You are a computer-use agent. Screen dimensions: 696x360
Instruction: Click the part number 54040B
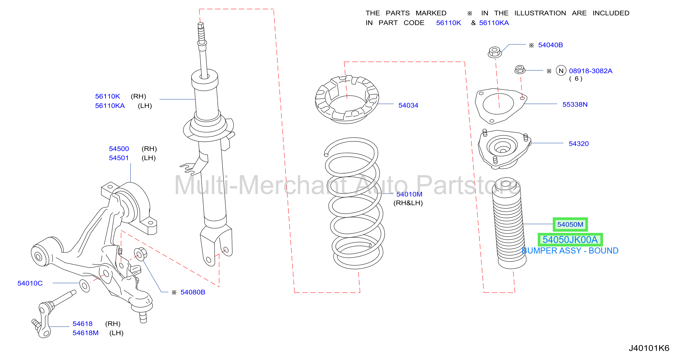pyautogui.click(x=550, y=45)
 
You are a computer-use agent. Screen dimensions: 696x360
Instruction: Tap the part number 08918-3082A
pyautogui.click(x=591, y=71)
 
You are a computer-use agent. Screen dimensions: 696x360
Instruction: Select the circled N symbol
pyautogui.click(x=561, y=71)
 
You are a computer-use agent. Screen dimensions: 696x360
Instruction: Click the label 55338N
pyautogui.click(x=575, y=105)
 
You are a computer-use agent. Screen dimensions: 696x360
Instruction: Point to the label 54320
pyautogui.click(x=579, y=144)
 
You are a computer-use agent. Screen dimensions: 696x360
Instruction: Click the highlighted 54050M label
pyautogui.click(x=570, y=224)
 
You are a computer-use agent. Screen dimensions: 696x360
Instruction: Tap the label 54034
pyautogui.click(x=408, y=105)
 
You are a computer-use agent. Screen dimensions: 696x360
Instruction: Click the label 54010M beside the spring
pyautogui.click(x=409, y=194)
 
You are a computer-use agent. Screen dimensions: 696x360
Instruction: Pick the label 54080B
pyautogui.click(x=193, y=292)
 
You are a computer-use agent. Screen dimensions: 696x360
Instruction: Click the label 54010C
pyautogui.click(x=30, y=283)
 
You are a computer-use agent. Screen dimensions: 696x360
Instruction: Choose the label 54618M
pyautogui.click(x=85, y=333)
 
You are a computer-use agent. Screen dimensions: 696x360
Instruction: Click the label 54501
pyautogui.click(x=119, y=158)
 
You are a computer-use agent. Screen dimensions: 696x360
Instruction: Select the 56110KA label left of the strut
pyautogui.click(x=110, y=106)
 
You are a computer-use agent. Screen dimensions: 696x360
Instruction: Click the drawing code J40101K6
pyautogui.click(x=649, y=348)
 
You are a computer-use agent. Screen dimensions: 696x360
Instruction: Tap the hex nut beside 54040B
pyautogui.click(x=495, y=52)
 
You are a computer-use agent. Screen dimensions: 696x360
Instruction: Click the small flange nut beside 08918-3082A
pyautogui.click(x=520, y=69)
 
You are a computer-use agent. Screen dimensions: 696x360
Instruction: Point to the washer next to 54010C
pyautogui.click(x=84, y=286)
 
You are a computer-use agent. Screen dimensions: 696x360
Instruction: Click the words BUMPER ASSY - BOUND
pyautogui.click(x=570, y=251)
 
